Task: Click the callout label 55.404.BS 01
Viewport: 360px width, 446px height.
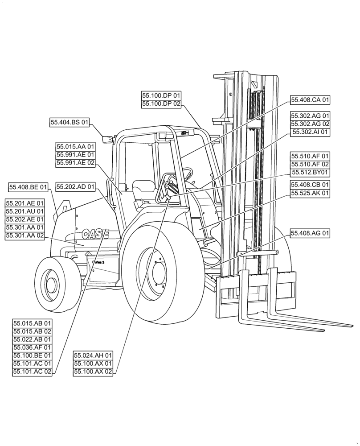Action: pos(70,122)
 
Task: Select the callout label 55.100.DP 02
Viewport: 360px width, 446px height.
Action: pos(161,104)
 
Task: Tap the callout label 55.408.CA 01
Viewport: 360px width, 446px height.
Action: pos(310,100)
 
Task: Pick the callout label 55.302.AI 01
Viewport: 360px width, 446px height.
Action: pos(310,132)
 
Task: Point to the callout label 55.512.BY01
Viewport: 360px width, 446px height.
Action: pos(310,172)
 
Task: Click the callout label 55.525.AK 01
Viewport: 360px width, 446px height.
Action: pos(310,193)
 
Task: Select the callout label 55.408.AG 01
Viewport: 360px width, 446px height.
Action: pos(310,233)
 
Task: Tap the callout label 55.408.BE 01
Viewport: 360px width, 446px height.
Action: pos(28,186)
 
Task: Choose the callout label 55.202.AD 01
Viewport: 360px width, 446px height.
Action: pos(76,186)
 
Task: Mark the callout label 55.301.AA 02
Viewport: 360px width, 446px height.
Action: pos(25,235)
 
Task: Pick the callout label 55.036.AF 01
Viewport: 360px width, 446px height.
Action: pos(32,347)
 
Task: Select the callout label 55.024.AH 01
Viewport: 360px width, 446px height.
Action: pos(93,355)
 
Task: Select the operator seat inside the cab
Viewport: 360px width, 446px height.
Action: pos(143,190)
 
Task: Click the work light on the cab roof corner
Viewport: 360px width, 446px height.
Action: pos(108,139)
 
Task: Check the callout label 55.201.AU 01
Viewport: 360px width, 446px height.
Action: pos(25,211)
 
